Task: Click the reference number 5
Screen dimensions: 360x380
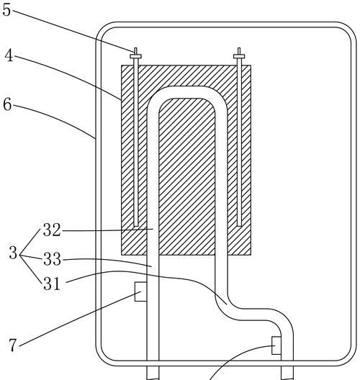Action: pos(6,10)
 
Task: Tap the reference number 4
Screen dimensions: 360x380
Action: pos(9,55)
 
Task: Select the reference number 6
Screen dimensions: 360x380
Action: pos(7,104)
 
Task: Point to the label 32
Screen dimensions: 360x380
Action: pos(52,230)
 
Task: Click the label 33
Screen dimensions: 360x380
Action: pos(52,259)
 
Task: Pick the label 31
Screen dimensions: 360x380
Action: pos(51,284)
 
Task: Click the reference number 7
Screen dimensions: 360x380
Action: pos(13,345)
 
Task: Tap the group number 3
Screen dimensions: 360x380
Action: pos(13,253)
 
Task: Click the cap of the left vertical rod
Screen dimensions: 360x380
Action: pos(135,56)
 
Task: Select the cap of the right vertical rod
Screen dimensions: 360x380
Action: pos(239,56)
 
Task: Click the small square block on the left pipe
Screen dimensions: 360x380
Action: pos(141,291)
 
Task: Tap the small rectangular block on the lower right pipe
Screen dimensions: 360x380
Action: pos(276,345)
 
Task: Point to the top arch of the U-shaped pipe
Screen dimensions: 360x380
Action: pos(187,92)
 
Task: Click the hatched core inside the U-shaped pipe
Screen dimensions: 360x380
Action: pos(187,176)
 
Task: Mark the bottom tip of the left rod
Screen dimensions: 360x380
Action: pos(136,227)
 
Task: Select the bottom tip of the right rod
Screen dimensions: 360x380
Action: pos(239,227)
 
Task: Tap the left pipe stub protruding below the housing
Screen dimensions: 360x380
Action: pos(153,373)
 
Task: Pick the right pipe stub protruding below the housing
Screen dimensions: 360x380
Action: pos(287,373)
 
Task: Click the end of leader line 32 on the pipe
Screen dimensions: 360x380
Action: pos(153,229)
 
